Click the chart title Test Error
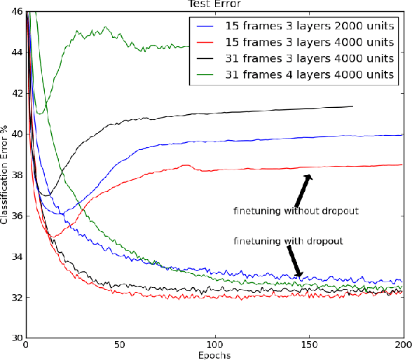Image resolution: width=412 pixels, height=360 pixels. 214,4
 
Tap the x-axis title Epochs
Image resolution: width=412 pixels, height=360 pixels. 214,354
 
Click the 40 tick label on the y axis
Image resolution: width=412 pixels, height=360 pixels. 15,134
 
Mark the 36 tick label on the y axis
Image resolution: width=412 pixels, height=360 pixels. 15,216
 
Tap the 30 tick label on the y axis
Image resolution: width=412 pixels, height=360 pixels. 15,338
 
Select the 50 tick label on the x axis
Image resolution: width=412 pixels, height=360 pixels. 120,345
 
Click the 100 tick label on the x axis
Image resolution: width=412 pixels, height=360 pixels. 214,345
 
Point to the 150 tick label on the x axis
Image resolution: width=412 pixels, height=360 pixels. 309,345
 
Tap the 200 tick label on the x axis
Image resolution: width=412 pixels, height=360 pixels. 403,345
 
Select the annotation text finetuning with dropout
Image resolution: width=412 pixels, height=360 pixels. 287,241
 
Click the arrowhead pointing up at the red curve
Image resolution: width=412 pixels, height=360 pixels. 308,178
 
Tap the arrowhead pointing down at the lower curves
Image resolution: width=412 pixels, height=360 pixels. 300,274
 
